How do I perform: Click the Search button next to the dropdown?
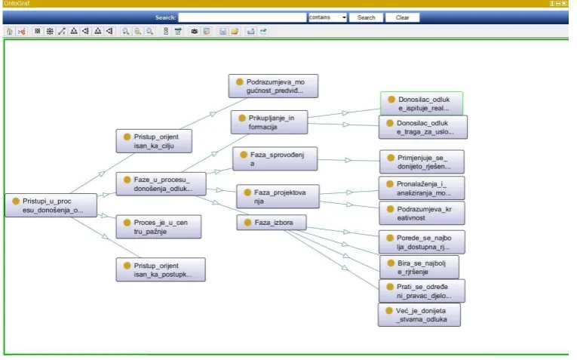point(366,17)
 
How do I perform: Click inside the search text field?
point(242,17)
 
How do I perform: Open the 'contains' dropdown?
point(327,17)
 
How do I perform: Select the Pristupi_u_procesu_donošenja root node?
point(51,205)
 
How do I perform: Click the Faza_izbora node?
point(272,223)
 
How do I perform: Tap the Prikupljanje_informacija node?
point(269,122)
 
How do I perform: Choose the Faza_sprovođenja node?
point(275,159)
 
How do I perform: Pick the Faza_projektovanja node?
point(278,196)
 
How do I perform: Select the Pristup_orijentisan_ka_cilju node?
point(154,141)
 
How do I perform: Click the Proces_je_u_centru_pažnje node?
point(158,226)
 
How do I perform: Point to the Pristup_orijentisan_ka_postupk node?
point(161,270)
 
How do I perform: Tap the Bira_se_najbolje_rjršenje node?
point(419,267)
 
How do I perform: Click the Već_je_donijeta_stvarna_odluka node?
point(419,315)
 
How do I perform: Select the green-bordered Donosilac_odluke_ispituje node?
point(422,103)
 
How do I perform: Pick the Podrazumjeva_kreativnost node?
point(422,213)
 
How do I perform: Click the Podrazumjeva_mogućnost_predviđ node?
point(273,86)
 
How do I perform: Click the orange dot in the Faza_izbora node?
point(247,223)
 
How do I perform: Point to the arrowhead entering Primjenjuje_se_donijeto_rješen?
point(348,160)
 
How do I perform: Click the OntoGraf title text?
point(17,3)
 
